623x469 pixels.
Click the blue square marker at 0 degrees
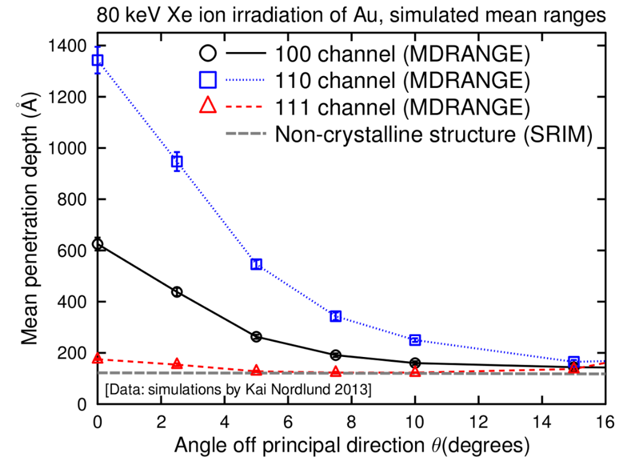click(x=96, y=60)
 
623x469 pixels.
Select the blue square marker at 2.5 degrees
click(x=177, y=161)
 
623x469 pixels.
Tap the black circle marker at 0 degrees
click(x=96, y=244)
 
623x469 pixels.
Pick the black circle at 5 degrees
click(x=256, y=337)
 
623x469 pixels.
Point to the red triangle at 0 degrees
click(x=96, y=358)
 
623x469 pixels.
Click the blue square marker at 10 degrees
click(x=415, y=340)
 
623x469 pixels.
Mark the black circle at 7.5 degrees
click(x=335, y=355)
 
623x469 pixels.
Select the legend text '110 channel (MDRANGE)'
click(x=403, y=80)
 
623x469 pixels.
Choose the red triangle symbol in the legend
click(x=207, y=107)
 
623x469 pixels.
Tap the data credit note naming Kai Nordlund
click(x=238, y=391)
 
